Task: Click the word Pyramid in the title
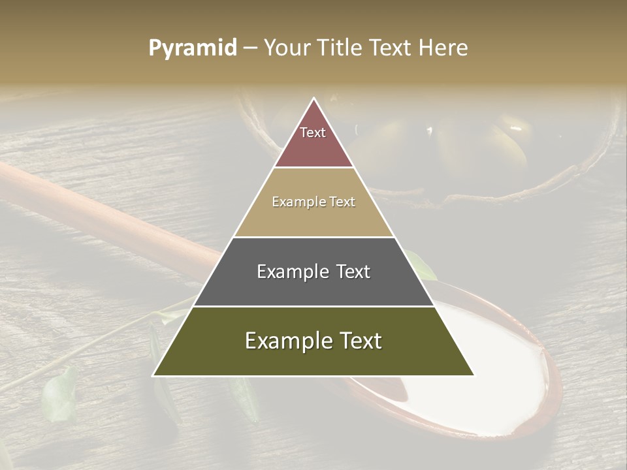[x=192, y=48]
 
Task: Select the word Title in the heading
[x=341, y=48]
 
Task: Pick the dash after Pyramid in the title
[x=249, y=49]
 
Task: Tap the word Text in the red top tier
[x=313, y=133]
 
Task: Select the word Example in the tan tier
[x=295, y=202]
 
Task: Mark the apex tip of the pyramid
[x=313, y=99]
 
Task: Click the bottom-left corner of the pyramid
[x=153, y=375]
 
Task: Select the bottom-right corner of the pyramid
[x=474, y=375]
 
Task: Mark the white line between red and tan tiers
[x=313, y=168]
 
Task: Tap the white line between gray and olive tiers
[x=313, y=306]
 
